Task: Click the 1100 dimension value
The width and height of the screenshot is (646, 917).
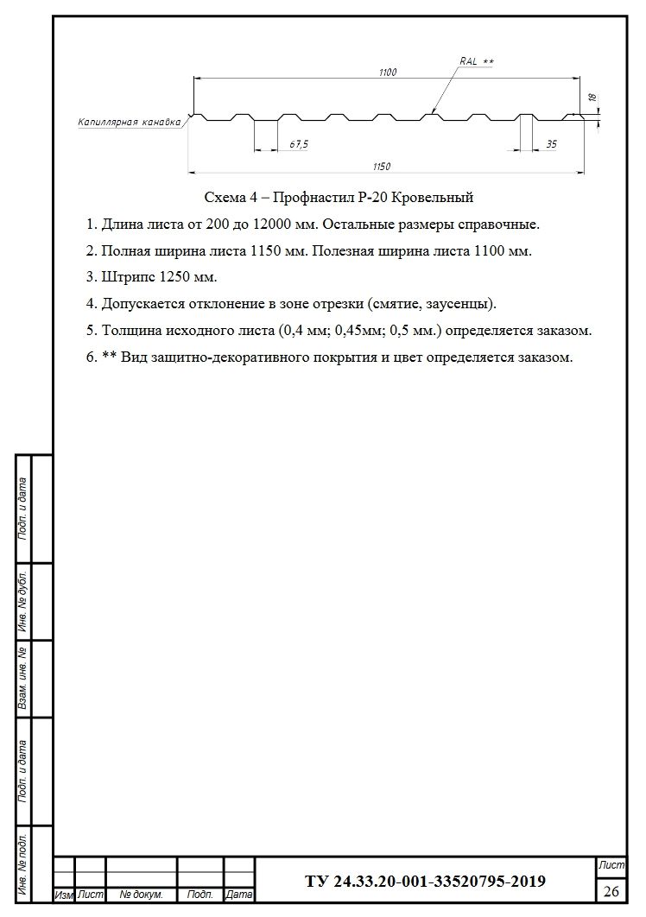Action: pos(387,73)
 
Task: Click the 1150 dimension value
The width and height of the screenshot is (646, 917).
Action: pos(382,167)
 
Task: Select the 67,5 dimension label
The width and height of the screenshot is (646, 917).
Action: pos(299,144)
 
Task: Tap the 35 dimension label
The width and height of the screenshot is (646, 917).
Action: pos(552,144)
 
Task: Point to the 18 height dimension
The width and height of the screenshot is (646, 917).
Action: pos(593,100)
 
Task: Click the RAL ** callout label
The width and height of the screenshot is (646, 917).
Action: pos(476,62)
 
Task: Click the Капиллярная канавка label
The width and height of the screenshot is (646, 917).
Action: pos(129,123)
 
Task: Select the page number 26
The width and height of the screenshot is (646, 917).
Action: pos(611,890)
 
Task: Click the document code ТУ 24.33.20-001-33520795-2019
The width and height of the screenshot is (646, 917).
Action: pos(425,882)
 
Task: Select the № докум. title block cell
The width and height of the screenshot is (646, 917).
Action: pos(142,895)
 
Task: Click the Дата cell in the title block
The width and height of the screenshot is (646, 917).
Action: pos(238,895)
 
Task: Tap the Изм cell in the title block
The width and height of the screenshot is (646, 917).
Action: pos(63,895)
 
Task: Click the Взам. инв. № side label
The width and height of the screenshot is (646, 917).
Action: pos(24,679)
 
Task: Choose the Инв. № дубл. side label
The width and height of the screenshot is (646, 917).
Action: pos(24,601)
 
